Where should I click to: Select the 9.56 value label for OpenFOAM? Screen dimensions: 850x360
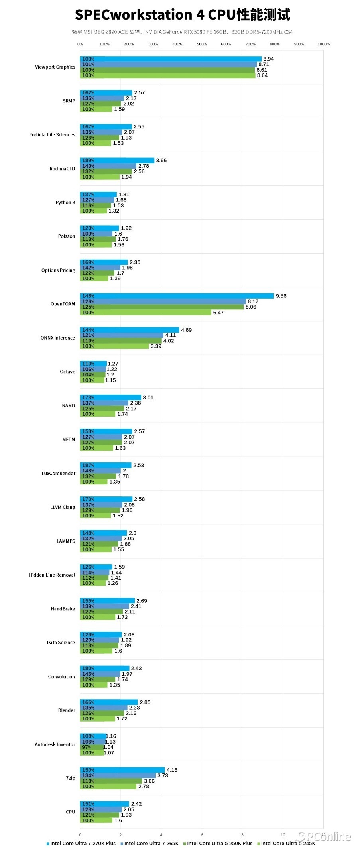coord(281,296)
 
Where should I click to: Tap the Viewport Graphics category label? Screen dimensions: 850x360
coord(55,67)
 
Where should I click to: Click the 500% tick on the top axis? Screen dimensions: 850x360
coord(202,44)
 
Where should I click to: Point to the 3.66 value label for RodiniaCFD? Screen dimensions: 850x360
coord(161,160)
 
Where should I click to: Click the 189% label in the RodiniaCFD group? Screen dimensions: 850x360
coord(88,161)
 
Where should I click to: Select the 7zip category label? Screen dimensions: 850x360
coord(71,778)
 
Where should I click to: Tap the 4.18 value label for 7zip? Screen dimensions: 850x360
coord(172,770)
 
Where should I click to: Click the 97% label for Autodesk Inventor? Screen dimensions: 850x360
coord(87,747)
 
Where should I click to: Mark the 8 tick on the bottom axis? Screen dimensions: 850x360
coord(242,834)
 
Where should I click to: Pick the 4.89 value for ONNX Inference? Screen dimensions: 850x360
coord(186,330)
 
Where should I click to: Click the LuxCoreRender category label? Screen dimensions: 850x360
coord(59,473)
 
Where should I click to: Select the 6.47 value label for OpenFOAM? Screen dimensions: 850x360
coord(218,313)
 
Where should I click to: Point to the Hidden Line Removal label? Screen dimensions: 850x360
coord(52,575)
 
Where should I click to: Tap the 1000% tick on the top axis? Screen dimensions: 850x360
coord(323,44)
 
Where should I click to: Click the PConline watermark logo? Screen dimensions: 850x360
coord(325,836)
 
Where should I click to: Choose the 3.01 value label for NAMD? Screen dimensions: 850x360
coord(148,397)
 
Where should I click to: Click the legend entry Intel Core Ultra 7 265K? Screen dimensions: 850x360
coord(151,843)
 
